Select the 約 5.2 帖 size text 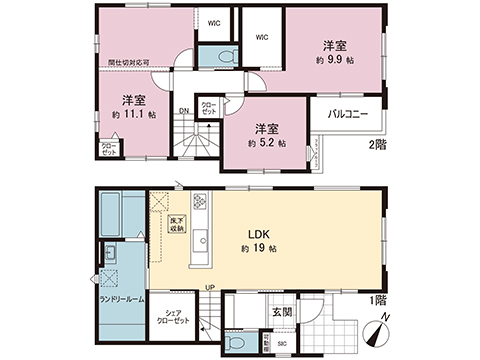tap(266, 143)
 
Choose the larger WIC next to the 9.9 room tap(262, 38)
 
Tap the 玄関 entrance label tap(281, 312)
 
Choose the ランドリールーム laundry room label tap(120, 299)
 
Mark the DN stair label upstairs tap(184, 111)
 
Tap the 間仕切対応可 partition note tap(129, 62)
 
